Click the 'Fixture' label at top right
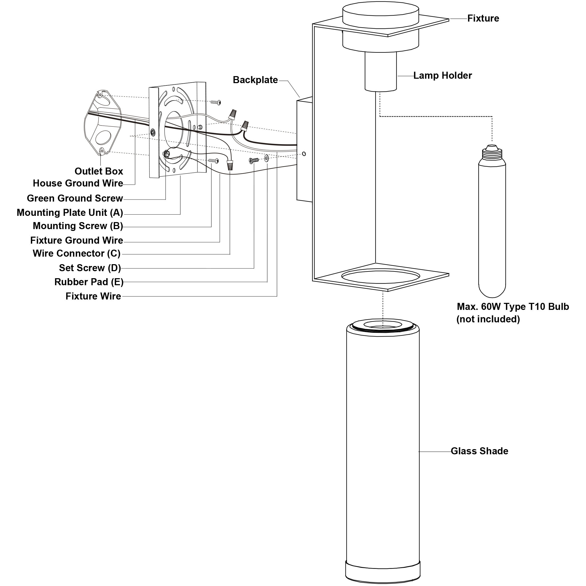(483, 18)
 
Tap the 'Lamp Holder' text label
(442, 76)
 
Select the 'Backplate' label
(255, 80)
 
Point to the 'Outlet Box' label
(99, 171)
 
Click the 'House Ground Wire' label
(78, 183)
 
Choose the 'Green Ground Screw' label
(75, 198)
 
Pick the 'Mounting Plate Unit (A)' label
(70, 213)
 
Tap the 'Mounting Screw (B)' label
(78, 226)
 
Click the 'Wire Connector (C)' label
(76, 253)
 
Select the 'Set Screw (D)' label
(90, 268)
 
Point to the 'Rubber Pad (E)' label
(89, 282)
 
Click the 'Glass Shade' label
(479, 451)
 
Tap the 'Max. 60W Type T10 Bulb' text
(512, 307)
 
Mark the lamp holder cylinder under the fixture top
(380, 71)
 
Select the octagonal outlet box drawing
(103, 123)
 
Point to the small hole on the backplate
(304, 154)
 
